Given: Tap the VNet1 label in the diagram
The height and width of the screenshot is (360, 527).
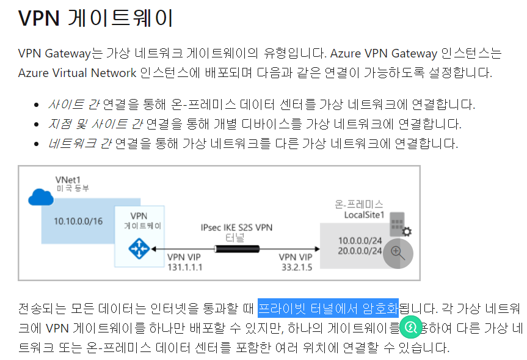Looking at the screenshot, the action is click(68, 180).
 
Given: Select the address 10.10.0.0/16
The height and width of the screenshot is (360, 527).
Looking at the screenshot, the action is click(78, 221).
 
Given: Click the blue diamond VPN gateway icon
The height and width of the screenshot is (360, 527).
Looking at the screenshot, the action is click(139, 249).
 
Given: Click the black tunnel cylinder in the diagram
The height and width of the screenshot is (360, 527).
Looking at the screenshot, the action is click(236, 249).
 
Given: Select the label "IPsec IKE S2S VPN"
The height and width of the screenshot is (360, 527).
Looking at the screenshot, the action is click(236, 227).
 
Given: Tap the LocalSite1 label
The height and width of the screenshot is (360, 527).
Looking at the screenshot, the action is click(365, 215).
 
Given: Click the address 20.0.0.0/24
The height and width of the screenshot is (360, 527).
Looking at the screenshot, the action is click(360, 251).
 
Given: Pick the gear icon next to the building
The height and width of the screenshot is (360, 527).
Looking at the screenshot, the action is click(406, 232).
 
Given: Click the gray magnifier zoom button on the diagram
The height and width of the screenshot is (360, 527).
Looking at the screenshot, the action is click(398, 252).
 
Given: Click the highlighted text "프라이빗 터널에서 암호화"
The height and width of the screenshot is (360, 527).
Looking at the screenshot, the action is click(328, 307).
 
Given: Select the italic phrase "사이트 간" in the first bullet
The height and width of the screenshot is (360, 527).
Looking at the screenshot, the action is click(74, 105).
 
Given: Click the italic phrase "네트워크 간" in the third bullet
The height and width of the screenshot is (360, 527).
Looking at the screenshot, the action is click(80, 144).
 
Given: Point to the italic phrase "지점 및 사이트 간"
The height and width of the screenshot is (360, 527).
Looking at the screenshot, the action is click(95, 124).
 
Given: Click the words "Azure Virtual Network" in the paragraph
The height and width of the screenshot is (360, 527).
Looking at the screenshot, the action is click(78, 73).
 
